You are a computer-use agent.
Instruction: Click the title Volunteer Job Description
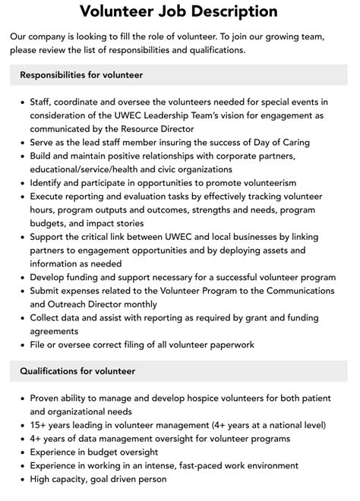point(179,11)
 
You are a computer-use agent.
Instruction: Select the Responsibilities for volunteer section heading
point(81,75)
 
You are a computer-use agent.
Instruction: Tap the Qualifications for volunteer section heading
point(77,371)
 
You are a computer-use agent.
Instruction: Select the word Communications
point(293,290)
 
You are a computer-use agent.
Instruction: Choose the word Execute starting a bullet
point(49,197)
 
